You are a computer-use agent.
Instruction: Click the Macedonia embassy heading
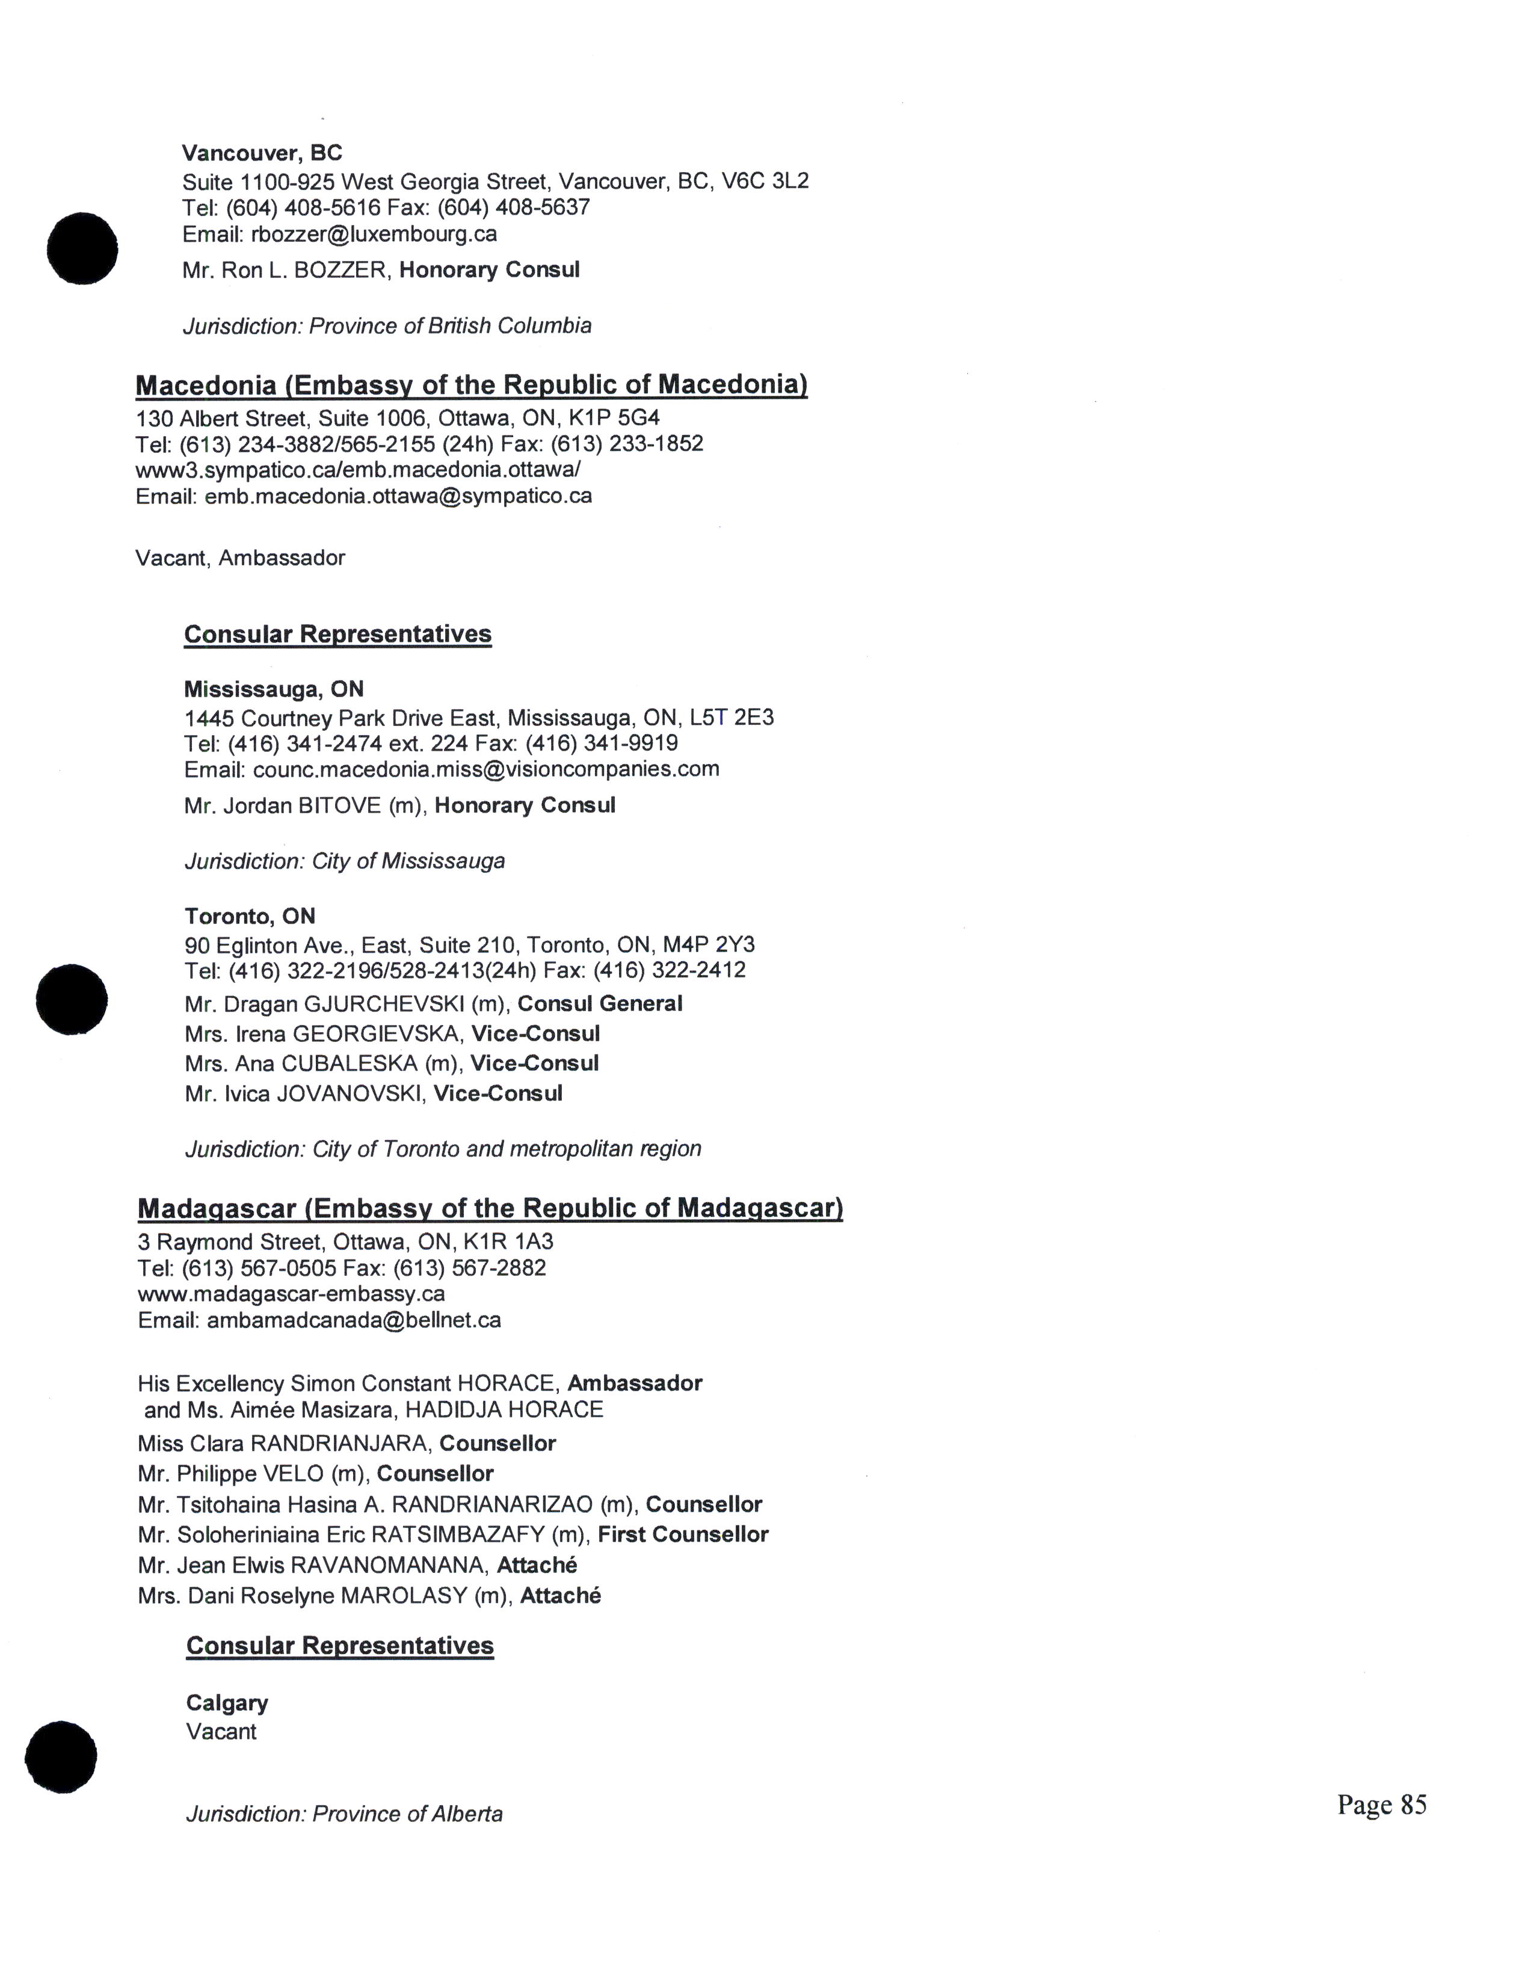coord(471,386)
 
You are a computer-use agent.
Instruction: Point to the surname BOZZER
coord(340,271)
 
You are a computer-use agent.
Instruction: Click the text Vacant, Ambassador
coord(240,558)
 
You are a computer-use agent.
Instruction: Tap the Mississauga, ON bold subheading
coord(274,689)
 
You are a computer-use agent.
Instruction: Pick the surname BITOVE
coord(340,806)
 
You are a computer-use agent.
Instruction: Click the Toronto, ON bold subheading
coord(250,916)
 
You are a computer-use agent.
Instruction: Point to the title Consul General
coord(600,1005)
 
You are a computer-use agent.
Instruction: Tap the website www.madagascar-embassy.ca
coord(291,1293)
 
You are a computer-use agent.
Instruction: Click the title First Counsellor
coord(683,1535)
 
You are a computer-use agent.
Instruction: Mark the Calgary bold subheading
coord(227,1703)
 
